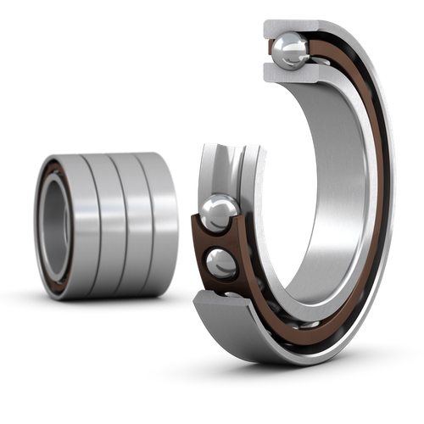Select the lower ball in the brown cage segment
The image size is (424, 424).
tap(222, 263)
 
